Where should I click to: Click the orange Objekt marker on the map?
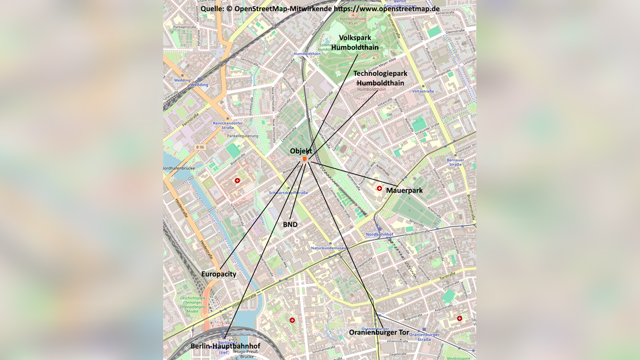[304, 159]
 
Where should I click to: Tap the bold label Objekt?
[301, 151]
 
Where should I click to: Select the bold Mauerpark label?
[404, 190]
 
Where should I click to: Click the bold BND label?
[290, 224]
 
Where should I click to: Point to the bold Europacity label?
[219, 274]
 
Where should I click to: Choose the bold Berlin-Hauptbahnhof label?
[225, 346]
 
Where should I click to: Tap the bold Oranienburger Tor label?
[379, 332]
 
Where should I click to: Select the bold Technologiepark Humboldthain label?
[380, 78]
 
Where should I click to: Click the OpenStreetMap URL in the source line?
[386, 9]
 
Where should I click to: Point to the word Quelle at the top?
[212, 9]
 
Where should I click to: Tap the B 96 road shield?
[200, 148]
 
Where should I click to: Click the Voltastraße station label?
[422, 92]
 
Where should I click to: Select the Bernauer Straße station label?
[455, 162]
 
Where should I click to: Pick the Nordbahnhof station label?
[379, 234]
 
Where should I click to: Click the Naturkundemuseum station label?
[330, 248]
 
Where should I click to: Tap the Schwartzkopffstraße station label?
[288, 193]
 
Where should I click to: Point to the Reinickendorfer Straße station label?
[227, 125]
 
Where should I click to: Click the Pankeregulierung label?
[242, 136]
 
